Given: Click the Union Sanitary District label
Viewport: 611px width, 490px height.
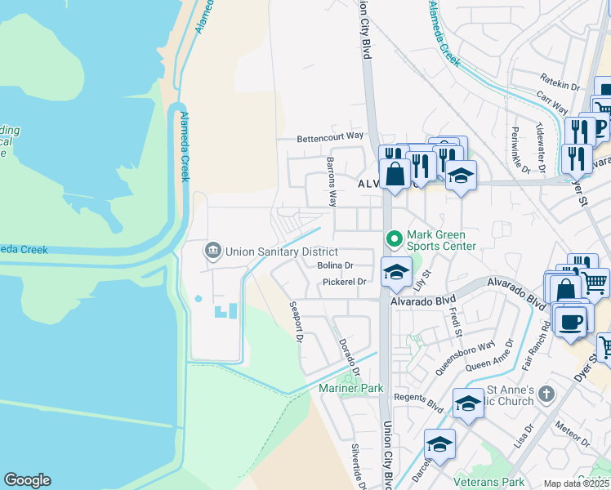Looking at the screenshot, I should (281, 251).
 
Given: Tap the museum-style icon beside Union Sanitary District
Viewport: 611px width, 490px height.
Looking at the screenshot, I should (213, 250).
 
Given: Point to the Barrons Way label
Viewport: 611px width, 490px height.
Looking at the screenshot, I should (332, 181).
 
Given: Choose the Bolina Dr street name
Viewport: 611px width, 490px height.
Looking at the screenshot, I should (335, 265).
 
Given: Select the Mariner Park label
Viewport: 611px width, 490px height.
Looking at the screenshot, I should (351, 389).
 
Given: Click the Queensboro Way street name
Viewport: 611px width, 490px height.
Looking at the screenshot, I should (465, 357).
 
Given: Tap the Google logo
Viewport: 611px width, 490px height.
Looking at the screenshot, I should (27, 480).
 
